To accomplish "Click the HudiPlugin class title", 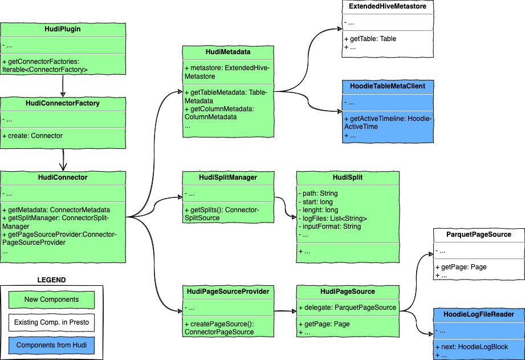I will point(63,29).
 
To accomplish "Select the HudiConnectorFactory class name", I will point(63,103).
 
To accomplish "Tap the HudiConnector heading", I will point(63,177).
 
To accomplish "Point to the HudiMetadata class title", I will point(228,52).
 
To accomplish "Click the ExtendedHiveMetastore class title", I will point(388,6).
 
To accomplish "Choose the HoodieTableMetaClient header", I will point(388,86).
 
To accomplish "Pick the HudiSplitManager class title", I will point(228,177).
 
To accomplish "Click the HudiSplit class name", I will point(348,177).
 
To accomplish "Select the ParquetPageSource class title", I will point(479,234).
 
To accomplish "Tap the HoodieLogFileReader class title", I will point(479,314).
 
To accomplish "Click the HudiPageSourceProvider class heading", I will point(228,292).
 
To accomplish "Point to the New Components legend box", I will point(51,300).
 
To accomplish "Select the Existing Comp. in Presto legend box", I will point(51,322).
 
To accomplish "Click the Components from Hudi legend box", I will point(51,345).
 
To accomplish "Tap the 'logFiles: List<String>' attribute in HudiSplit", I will point(333,219).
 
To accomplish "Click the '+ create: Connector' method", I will point(32,136).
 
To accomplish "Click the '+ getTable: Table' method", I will point(370,39).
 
